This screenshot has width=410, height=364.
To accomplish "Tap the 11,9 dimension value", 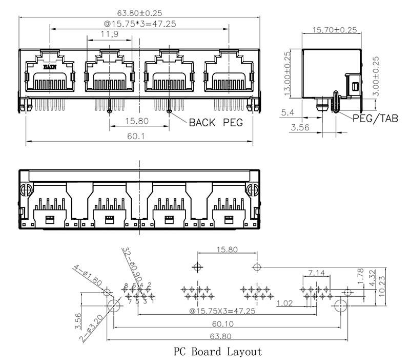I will click(109, 34).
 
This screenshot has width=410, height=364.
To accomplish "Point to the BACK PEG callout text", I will click(215, 123).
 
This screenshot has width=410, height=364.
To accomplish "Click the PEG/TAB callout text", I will click(375, 119).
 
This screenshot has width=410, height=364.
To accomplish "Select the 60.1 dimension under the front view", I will click(139, 137).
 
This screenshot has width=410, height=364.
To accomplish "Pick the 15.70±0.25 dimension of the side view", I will click(335, 30).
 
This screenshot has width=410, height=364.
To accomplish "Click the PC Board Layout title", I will click(218, 352).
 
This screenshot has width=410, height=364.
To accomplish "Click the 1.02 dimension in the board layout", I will click(285, 303).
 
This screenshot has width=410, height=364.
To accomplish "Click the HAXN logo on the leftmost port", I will click(50, 67).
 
